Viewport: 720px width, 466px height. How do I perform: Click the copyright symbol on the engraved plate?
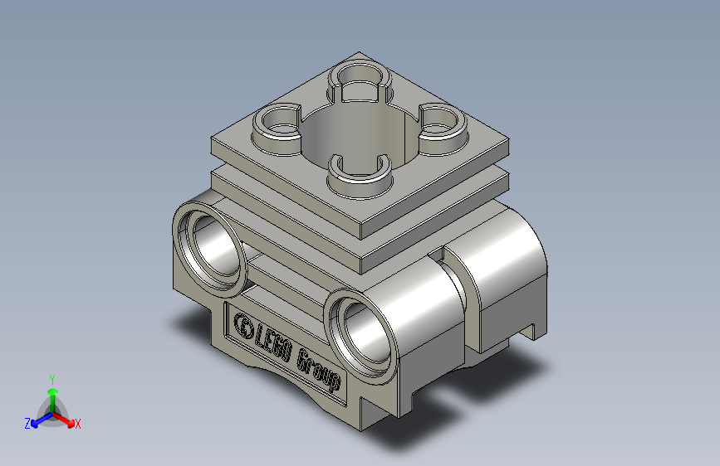tap(245, 324)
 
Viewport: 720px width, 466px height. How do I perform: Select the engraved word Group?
tap(319, 370)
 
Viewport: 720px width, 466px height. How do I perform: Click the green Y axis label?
tap(51, 377)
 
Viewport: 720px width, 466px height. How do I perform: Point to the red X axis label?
tap(77, 424)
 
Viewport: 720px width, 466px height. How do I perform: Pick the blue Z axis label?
tap(27, 424)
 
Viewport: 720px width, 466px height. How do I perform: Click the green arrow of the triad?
tap(52, 393)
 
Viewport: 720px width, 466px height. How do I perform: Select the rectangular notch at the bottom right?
tap(527, 332)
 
